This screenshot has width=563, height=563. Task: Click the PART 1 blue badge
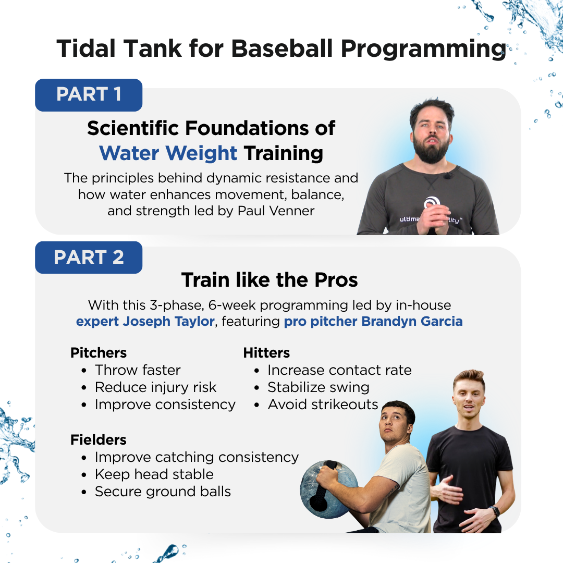(89, 95)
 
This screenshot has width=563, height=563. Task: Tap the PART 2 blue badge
(89, 258)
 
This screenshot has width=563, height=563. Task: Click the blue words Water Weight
(168, 153)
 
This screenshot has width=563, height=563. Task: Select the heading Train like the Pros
(270, 280)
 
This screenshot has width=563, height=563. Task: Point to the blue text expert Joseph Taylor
(145, 321)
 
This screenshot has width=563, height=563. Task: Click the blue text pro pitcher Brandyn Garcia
(373, 321)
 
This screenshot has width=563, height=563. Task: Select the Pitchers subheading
(99, 353)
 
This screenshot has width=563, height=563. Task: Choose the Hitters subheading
(266, 353)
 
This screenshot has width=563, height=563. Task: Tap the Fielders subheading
(99, 439)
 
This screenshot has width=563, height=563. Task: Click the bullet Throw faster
(138, 370)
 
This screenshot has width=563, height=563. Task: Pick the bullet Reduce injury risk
(155, 387)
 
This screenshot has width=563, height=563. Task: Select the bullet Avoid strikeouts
(323, 405)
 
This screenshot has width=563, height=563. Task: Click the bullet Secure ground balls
(163, 492)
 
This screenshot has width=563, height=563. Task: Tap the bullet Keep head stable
(154, 474)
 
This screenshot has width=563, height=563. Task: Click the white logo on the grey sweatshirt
(431, 202)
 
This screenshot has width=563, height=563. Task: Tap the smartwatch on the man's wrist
(494, 510)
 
